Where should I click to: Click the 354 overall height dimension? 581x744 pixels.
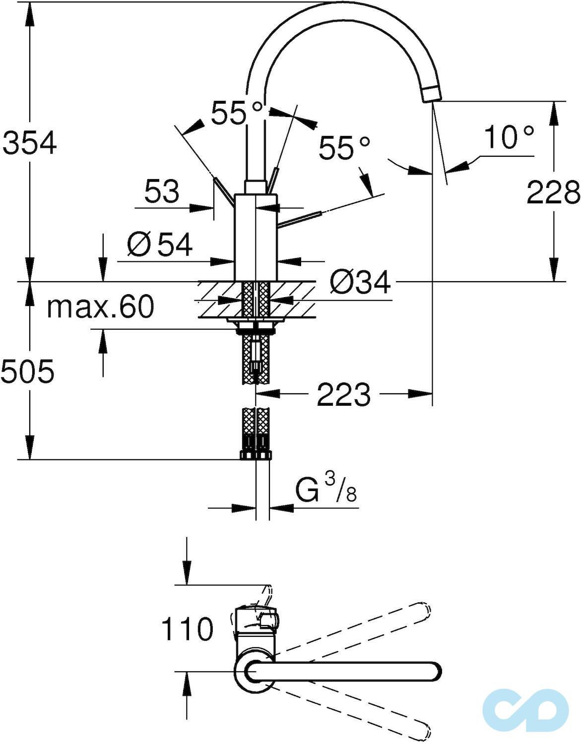(30, 143)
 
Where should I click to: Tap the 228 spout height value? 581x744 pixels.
(552, 192)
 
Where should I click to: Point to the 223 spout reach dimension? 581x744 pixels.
(343, 394)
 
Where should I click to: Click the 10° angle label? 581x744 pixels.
(509, 137)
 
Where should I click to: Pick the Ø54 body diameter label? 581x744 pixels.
(159, 245)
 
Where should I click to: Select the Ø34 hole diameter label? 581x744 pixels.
(360, 283)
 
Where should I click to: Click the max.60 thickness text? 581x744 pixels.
(100, 307)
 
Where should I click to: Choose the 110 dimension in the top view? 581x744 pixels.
(187, 629)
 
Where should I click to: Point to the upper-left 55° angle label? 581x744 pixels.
(236, 113)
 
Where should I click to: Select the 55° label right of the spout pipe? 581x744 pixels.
(344, 148)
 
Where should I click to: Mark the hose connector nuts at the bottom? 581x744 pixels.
(256, 455)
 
